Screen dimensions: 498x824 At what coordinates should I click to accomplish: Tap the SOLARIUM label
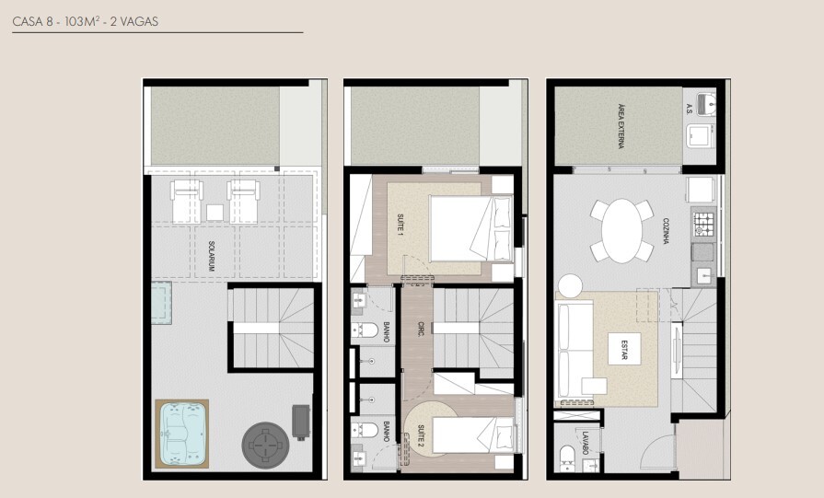pos(212,256)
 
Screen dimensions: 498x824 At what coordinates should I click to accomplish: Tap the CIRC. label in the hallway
pos(420,329)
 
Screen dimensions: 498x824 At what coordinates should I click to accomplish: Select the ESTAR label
pos(624,352)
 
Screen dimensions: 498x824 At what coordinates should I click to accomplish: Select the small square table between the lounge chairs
pos(215,212)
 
